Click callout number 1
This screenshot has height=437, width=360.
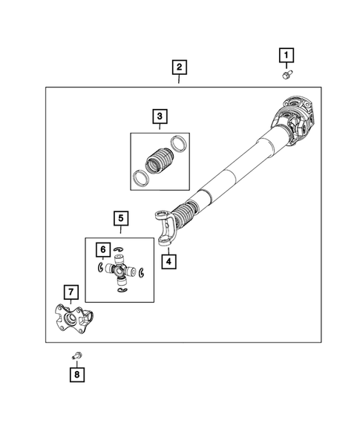point(286,54)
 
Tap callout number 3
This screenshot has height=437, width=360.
point(159,116)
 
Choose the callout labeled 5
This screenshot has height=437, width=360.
point(120,218)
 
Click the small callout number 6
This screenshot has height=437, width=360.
point(104,250)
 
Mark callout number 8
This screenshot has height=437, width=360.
point(76,376)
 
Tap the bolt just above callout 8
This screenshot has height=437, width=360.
point(76,357)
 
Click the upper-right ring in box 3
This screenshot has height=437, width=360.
point(178,142)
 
